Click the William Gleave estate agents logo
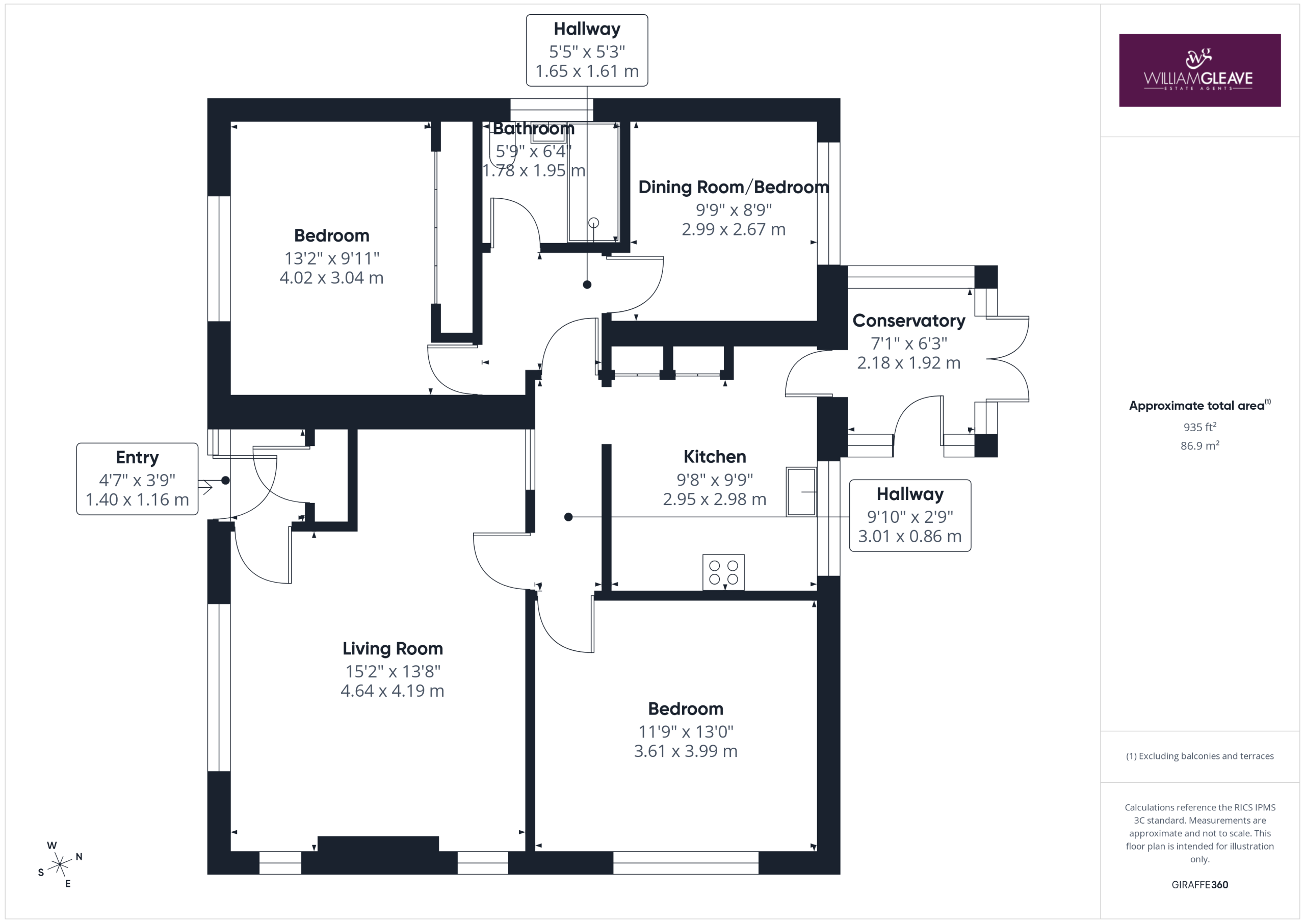pyautogui.click(x=1199, y=70)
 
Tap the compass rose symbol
pyautogui.click(x=60, y=864)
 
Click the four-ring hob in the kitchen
pyautogui.click(x=723, y=572)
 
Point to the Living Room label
pyautogui.click(x=393, y=648)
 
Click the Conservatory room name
pyautogui.click(x=909, y=321)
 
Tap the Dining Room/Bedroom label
pyautogui.click(x=734, y=187)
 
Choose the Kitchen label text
pyautogui.click(x=715, y=456)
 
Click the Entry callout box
pyautogui.click(x=138, y=479)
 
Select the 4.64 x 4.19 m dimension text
pyautogui.click(x=393, y=691)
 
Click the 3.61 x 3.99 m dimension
pyautogui.click(x=686, y=751)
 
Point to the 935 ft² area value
pyautogui.click(x=1200, y=427)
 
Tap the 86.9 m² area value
pyautogui.click(x=1200, y=445)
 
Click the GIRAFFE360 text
pyautogui.click(x=1200, y=885)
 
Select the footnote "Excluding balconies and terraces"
pyautogui.click(x=1206, y=756)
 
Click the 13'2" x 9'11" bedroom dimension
pyautogui.click(x=332, y=258)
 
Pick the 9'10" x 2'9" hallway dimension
pyautogui.click(x=910, y=517)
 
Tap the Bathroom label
pyautogui.click(x=533, y=128)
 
